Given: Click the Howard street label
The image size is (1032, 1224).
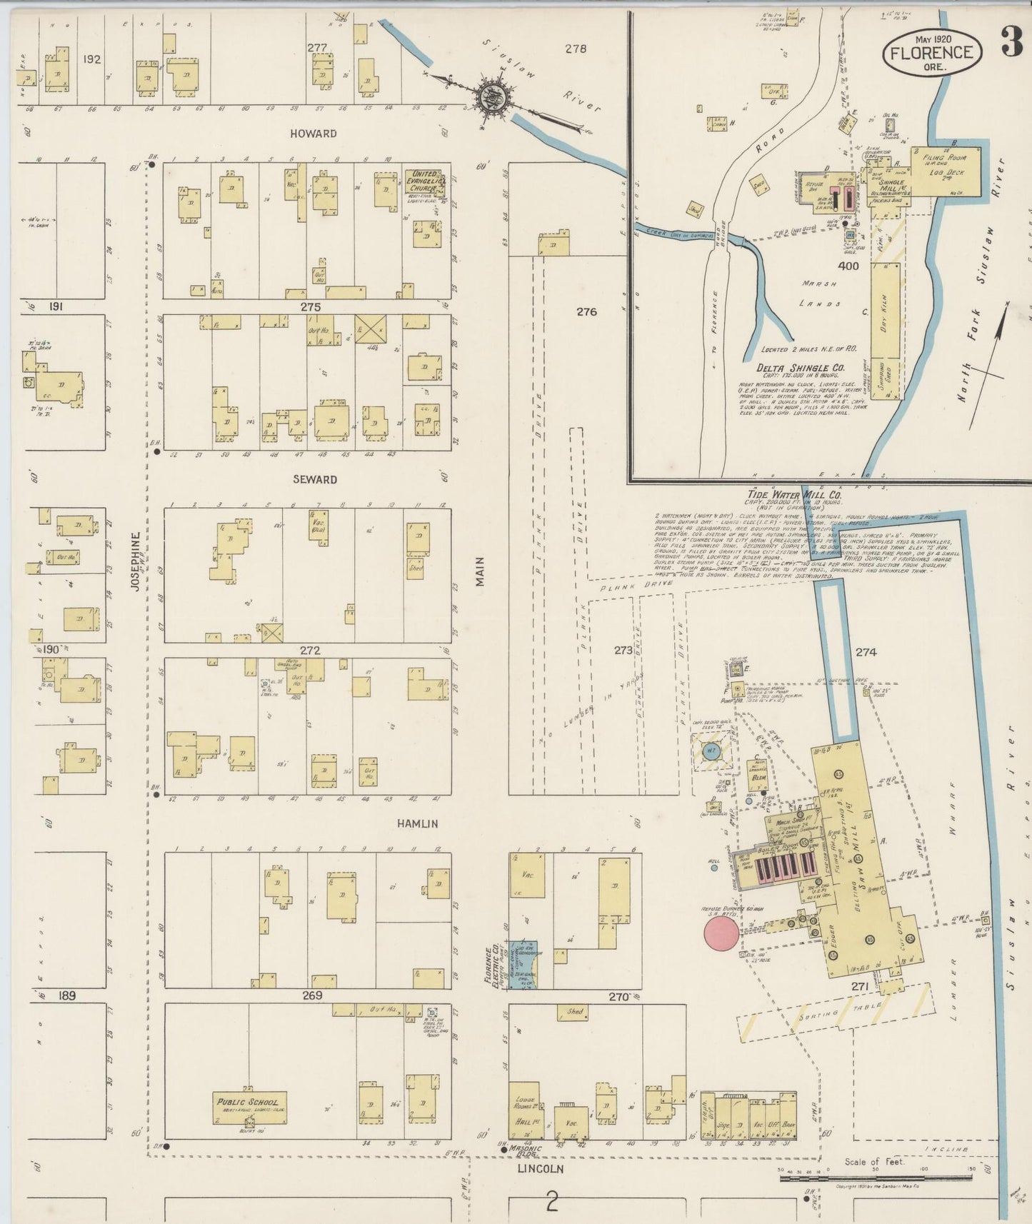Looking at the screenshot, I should point(314,134).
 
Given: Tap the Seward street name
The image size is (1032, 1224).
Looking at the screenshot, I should point(314,479).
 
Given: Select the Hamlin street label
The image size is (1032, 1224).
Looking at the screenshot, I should point(418,823).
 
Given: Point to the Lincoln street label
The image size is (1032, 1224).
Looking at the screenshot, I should point(541,1169).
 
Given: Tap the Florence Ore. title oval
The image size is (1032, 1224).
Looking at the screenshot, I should point(931,53).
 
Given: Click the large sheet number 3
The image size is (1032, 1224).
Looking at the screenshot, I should point(1011,43).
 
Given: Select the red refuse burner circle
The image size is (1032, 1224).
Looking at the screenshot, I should point(721,934).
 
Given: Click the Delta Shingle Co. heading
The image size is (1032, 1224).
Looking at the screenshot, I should point(800,368).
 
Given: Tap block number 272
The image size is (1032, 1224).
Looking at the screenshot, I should point(310,651).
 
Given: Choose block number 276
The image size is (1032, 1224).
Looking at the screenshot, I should point(586,312).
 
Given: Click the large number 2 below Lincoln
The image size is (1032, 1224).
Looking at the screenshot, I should point(551,1203).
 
